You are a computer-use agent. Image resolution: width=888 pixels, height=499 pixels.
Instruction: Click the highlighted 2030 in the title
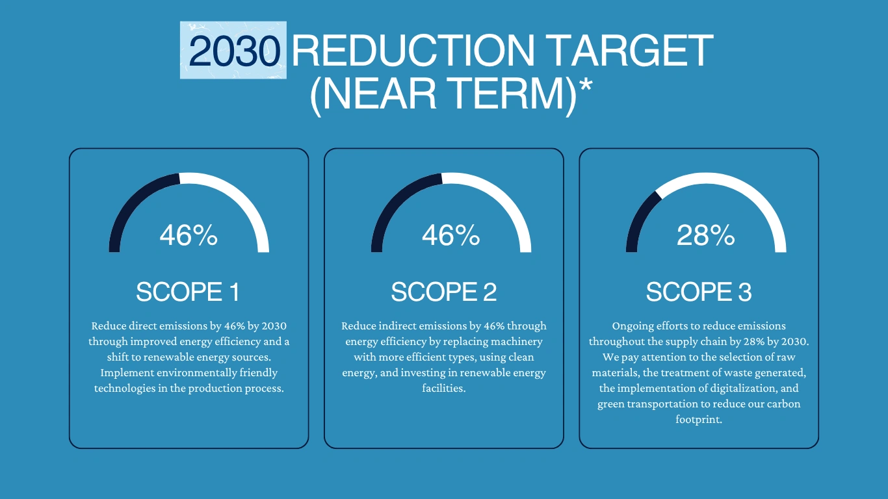233,51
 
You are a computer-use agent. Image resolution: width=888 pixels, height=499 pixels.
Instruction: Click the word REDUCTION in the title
413,51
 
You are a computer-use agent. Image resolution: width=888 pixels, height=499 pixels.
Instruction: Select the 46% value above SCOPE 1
189,235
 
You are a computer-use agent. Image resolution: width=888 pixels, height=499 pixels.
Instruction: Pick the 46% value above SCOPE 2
451,235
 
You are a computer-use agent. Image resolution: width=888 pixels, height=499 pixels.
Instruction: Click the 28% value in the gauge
705,235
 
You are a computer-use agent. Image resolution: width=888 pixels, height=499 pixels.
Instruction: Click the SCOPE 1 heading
187,292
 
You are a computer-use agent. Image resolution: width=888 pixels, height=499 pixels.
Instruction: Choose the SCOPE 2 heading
443,292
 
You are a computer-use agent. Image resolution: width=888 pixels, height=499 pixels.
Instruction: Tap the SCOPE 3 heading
699,292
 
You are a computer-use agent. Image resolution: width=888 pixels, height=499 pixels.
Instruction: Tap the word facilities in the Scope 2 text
444,389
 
